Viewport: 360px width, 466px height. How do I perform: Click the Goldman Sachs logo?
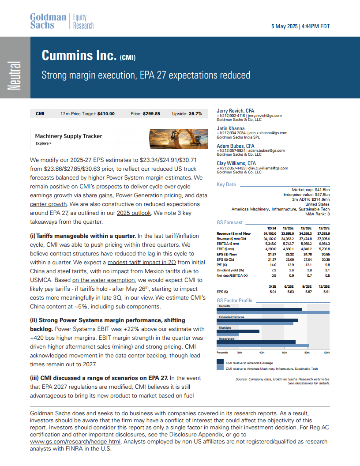click(48, 21)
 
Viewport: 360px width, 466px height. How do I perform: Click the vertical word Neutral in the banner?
click(15, 75)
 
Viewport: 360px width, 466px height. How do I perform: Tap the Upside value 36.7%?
click(193, 113)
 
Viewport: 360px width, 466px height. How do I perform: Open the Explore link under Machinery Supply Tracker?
click(43, 143)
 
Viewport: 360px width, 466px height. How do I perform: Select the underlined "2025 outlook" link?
click(134, 213)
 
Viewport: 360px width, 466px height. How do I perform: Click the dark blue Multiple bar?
click(238, 331)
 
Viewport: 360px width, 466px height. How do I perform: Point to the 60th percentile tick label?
click(283, 353)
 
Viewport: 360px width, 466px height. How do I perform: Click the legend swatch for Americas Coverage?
click(220, 363)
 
